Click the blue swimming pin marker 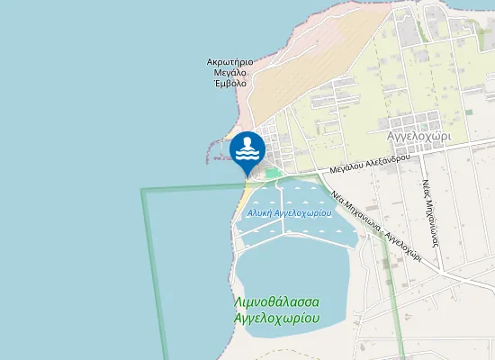coord(247,149)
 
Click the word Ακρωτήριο coord(229,63)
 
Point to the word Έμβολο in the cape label coord(229,87)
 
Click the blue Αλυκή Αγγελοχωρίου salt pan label coord(289,213)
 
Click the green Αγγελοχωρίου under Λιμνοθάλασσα coord(278,318)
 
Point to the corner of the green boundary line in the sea coord(142,190)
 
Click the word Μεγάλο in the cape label coord(229,76)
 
